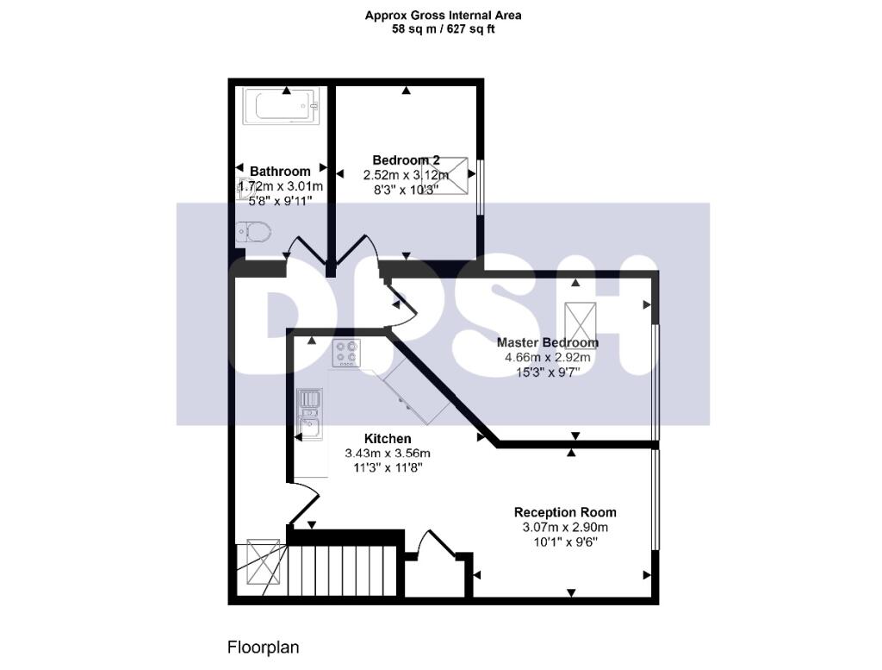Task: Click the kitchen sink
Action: pos(308,412)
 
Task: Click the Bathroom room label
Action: pos(280,172)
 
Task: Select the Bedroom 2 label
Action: pos(407,160)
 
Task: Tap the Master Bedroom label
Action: pos(547,342)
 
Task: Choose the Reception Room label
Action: pos(565,512)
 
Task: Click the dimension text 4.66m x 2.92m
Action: pos(547,358)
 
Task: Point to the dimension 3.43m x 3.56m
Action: pos(388,454)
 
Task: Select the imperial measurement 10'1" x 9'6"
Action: pos(565,542)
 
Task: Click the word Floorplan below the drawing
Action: pos(263,647)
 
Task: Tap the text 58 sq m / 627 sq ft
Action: pos(444,29)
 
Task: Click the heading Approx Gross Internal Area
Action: pos(444,15)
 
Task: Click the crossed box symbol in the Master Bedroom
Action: pos(581,324)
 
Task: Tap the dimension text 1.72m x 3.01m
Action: pos(280,186)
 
